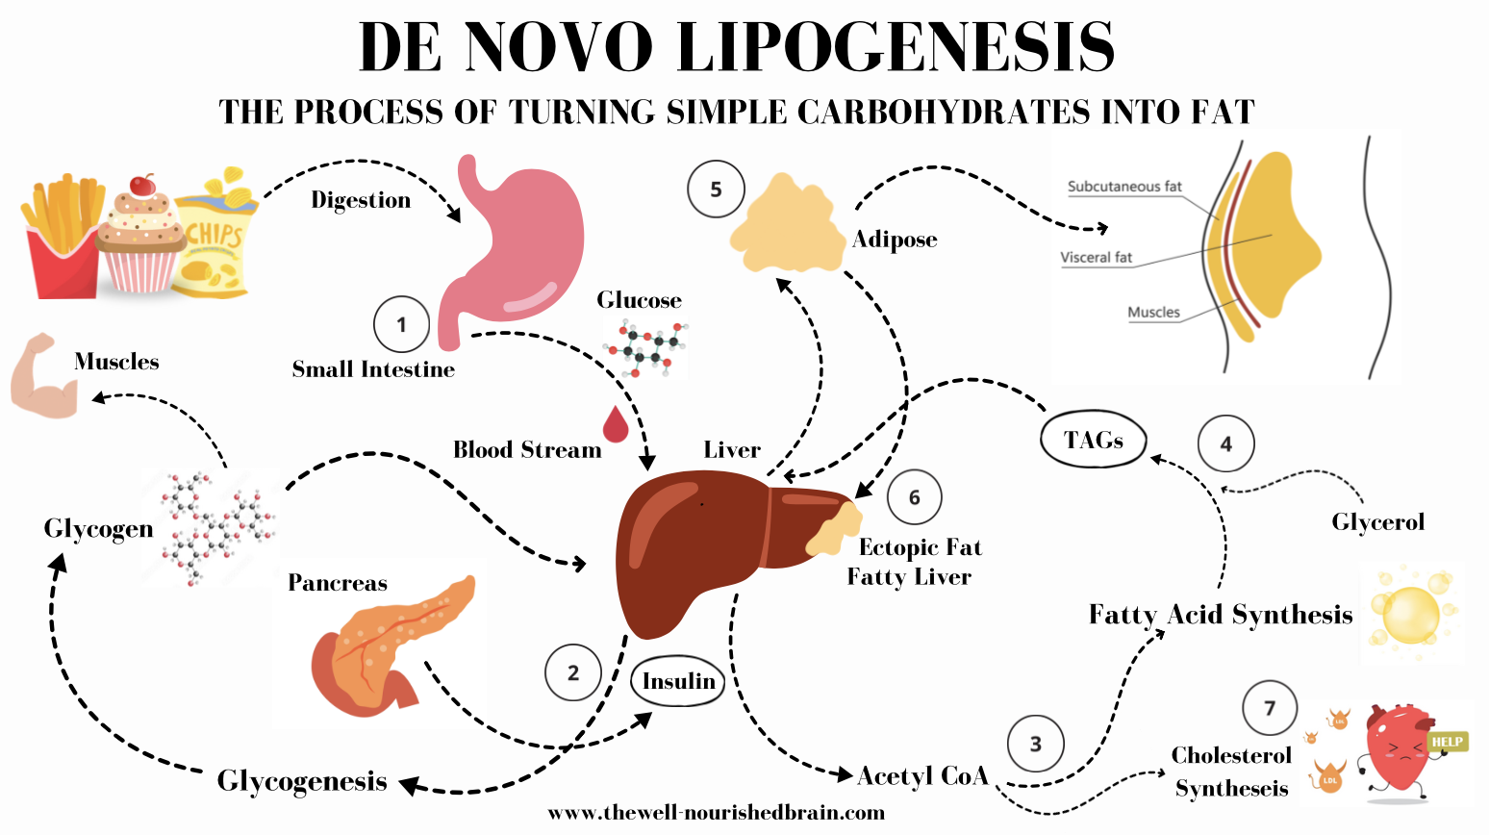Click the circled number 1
tap(401, 324)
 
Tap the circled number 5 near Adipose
tap(716, 190)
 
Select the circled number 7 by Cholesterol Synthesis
tap(1270, 708)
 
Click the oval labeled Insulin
tap(678, 682)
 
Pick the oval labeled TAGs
tap(1094, 441)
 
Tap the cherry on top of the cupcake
tap(143, 184)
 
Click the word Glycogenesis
tap(302, 781)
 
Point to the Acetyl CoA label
tap(921, 776)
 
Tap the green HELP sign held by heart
tap(1447, 742)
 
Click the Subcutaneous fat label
tap(1123, 187)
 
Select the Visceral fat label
tap(1096, 258)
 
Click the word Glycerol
tap(1377, 522)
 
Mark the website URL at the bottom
tap(716, 813)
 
